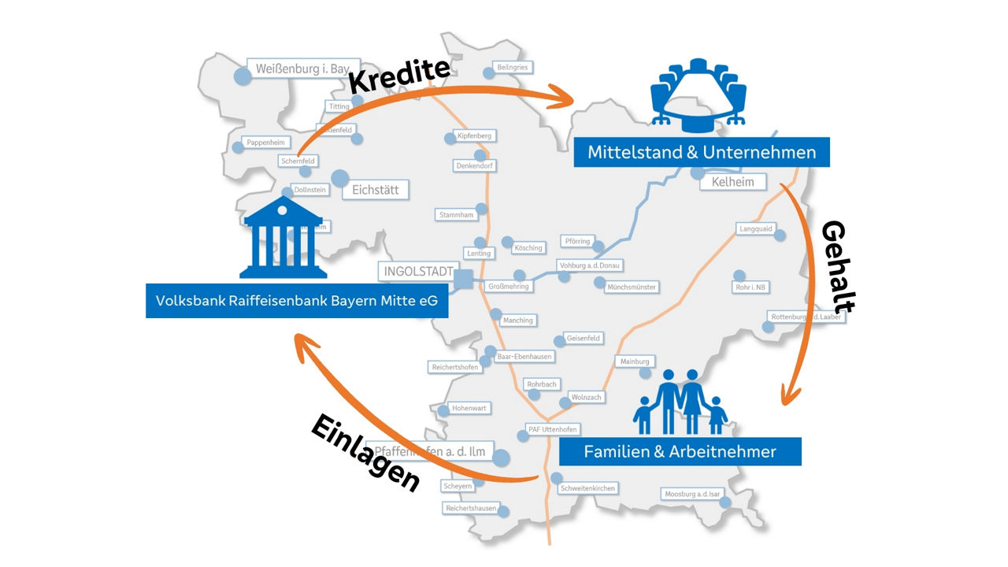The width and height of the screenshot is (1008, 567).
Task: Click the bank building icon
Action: coord(283,238)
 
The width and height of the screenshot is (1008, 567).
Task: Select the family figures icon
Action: coord(680,402)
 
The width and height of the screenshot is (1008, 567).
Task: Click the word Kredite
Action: coord(398,76)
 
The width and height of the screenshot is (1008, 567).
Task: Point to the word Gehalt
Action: coord(839,267)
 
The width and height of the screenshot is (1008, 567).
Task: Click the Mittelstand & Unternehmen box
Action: coord(701,152)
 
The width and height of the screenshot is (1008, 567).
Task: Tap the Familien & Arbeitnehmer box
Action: coord(680,451)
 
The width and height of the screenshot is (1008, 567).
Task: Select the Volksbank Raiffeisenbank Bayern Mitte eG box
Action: coord(297,301)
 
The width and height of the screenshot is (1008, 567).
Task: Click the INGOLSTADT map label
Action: coord(417,272)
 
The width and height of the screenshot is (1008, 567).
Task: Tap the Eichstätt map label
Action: coord(376,190)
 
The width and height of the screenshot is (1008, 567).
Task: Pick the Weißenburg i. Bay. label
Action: coord(303,69)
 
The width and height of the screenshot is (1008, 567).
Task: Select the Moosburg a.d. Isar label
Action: coord(692,494)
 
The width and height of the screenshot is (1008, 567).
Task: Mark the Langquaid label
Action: coord(756,228)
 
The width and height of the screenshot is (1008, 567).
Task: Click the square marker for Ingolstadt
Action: coord(465,277)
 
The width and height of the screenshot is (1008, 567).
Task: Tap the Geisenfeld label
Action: coord(584,338)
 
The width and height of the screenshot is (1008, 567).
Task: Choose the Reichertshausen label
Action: coord(471,508)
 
